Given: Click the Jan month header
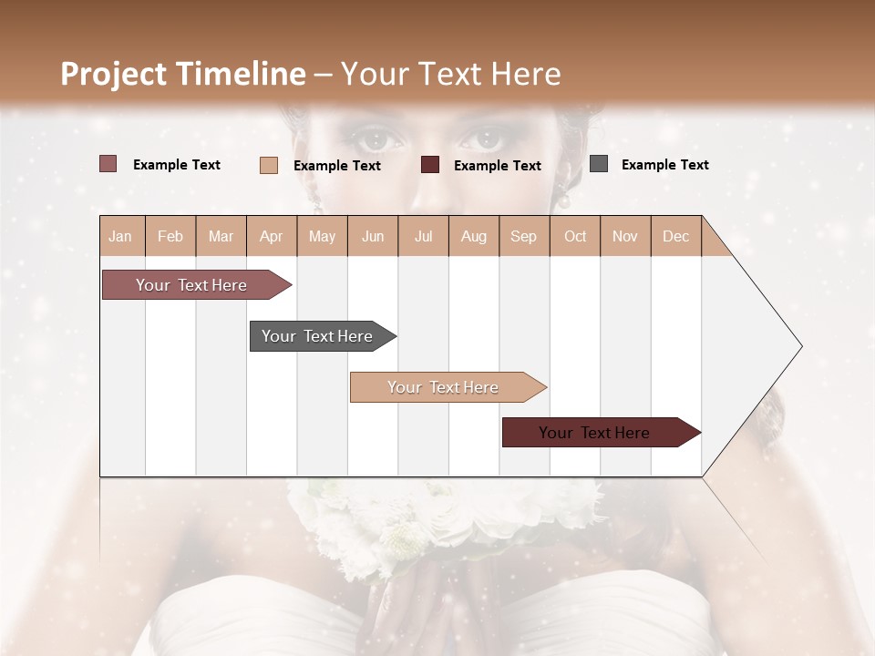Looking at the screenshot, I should coord(120,236).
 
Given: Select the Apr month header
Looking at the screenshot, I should coord(271,236).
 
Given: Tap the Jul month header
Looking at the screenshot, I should coord(423,236).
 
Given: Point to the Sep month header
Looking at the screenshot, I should coord(523,236).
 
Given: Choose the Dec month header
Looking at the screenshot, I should coord(675,236).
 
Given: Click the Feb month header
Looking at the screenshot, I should coord(170,236).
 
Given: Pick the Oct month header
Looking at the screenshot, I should coord(575,236).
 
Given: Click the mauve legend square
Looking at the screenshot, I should coord(108,164).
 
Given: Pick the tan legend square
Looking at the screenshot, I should coord(268,165).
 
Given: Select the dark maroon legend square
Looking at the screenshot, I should coord(430,165).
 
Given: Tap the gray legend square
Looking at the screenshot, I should coord(599,164).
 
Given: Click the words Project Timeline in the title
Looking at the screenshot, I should coord(183,74).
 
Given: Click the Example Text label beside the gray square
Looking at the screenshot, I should coord(664,165).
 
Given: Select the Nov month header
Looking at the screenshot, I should coord(625,236).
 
